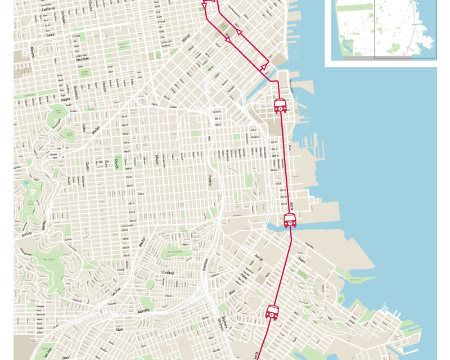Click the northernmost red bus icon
280,105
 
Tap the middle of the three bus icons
290,220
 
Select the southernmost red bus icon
272,312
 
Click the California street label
48,10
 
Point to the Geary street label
51,33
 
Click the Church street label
116,164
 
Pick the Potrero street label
210,180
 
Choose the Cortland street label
168,273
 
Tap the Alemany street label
143,310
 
